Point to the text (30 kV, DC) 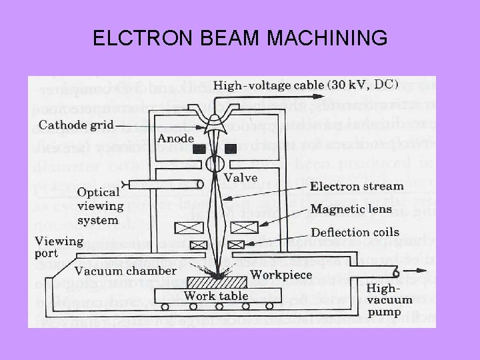363,85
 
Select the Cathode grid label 77,125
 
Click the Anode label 176,139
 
